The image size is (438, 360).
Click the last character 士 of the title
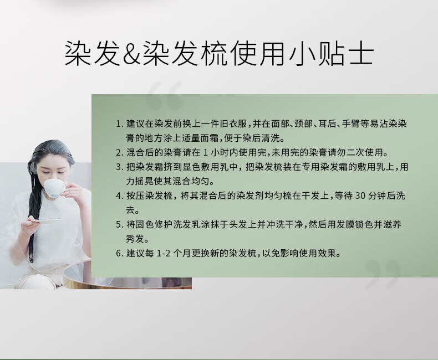360,54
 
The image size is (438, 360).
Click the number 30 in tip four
360,196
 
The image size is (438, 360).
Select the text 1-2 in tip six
164,254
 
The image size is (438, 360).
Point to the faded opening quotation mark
165,95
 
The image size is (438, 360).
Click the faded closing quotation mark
383,274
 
